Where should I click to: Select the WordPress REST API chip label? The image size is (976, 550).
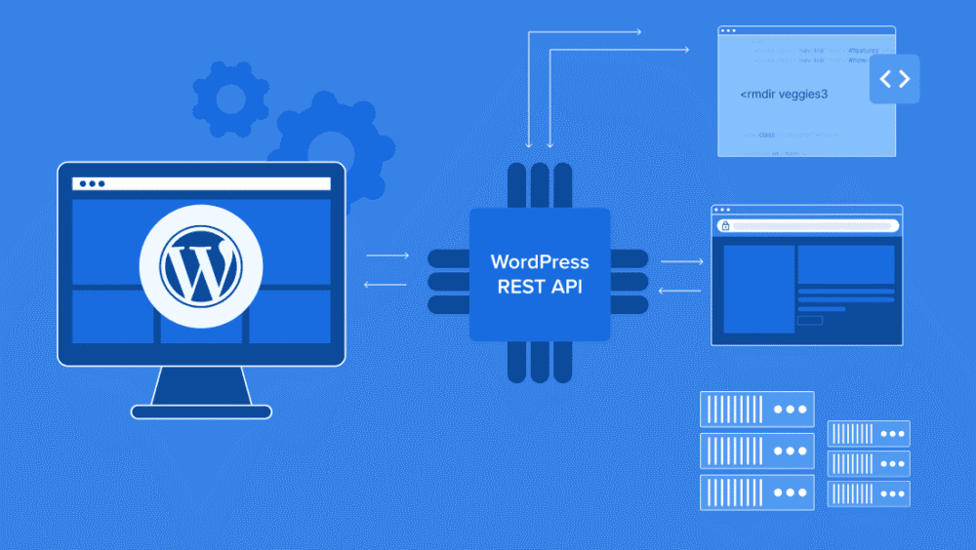pyautogui.click(x=540, y=274)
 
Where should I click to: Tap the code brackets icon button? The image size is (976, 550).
pyautogui.click(x=894, y=79)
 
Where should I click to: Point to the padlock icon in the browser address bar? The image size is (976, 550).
pyautogui.click(x=724, y=226)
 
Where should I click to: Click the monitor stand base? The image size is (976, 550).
pyautogui.click(x=201, y=412)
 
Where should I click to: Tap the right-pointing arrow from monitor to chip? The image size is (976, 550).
pyautogui.click(x=387, y=255)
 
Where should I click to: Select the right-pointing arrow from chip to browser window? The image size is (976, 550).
pyautogui.click(x=682, y=261)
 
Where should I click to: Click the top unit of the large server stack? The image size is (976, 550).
pyautogui.click(x=756, y=410)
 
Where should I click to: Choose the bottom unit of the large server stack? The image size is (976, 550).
pyautogui.click(x=756, y=491)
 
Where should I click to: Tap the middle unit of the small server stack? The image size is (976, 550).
pyautogui.click(x=868, y=463)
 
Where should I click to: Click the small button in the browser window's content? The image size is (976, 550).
pyautogui.click(x=809, y=320)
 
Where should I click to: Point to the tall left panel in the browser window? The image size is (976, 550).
pyautogui.click(x=757, y=289)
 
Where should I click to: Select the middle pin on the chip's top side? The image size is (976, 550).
pyautogui.click(x=540, y=184)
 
